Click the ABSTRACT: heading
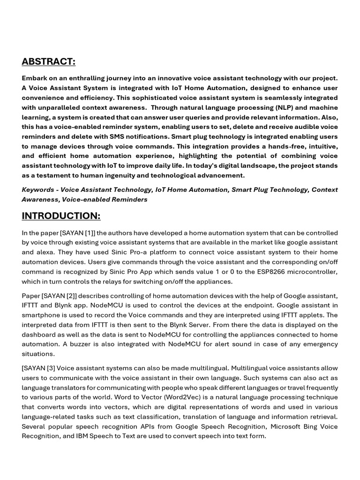point(48,62)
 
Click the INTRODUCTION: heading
point(61,216)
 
